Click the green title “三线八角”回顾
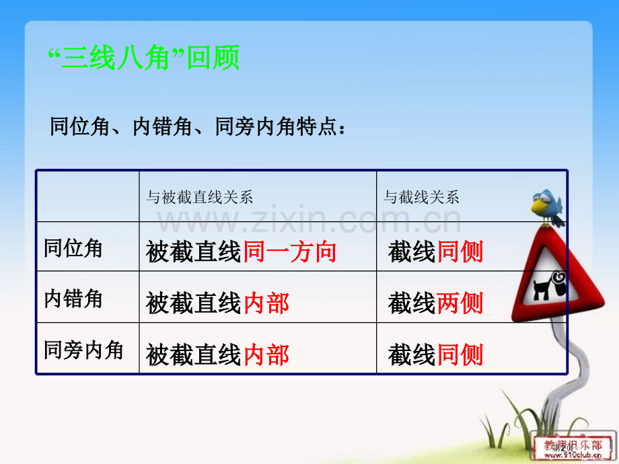[145, 59]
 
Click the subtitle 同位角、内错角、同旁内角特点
[199, 126]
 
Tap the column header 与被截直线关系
[200, 197]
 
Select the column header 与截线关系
[421, 197]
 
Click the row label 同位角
[73, 248]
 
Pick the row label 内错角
[73, 298]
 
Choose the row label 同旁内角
[83, 350]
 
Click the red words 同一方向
[290, 252]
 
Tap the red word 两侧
[460, 303]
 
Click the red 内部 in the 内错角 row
[266, 303]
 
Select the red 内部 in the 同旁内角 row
[266, 354]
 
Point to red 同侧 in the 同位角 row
[460, 252]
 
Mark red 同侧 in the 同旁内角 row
[460, 354]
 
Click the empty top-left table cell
[87, 196]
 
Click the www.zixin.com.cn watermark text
[309, 220]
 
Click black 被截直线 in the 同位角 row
[193, 252]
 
